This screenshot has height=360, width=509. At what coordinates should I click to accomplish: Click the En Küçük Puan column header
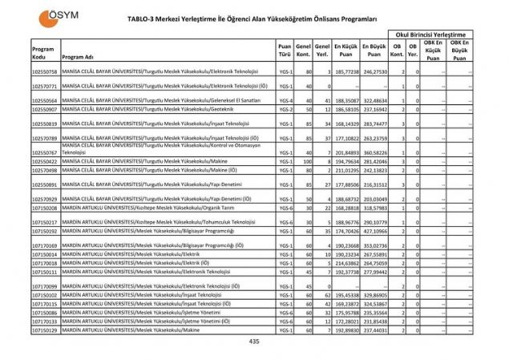coord(345,49)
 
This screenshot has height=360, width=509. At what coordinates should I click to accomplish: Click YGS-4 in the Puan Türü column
coord(285,101)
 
